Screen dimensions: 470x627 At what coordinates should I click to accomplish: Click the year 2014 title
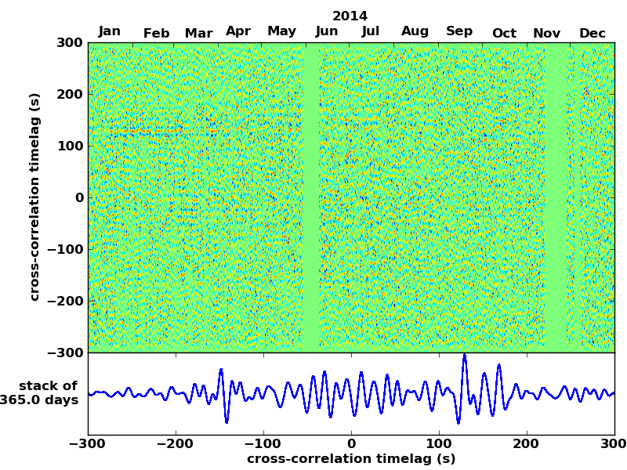pos(350,16)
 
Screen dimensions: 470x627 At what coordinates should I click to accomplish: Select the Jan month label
pos(110,31)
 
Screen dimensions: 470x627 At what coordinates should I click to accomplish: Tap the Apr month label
pos(238,31)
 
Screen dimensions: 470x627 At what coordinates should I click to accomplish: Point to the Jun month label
pos(327,32)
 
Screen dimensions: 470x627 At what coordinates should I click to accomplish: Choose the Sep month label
pos(459,32)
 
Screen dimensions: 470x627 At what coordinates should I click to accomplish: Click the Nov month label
pos(546,33)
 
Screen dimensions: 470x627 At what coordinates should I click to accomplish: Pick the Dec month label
pos(593,33)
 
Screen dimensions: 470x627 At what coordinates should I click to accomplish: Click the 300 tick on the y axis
pos(70,43)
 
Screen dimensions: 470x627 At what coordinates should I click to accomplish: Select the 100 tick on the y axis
pos(70,146)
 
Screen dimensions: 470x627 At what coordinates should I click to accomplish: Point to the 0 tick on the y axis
pos(79,198)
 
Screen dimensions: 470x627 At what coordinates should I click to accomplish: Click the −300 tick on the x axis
pos(88,444)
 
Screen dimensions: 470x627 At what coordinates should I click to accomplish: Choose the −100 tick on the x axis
pos(263,444)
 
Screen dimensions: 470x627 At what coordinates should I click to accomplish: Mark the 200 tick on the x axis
pos(527,444)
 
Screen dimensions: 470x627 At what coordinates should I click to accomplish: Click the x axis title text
pos(351,459)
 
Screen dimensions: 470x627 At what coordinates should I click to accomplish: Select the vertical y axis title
pos(34,197)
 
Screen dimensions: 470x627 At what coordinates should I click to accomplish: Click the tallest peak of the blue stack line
pos(464,355)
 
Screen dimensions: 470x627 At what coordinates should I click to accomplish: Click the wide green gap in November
pos(556,196)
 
